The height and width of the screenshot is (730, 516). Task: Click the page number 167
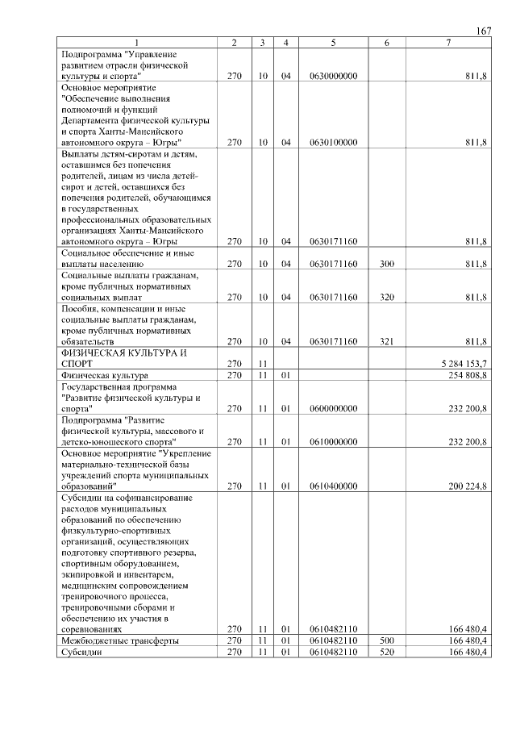(483, 31)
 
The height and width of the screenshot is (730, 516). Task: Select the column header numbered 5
(333, 42)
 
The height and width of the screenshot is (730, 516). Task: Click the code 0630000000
(333, 76)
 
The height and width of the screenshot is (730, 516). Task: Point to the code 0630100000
(333, 143)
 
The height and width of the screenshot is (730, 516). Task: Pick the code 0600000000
(333, 409)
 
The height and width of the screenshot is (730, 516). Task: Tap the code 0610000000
(333, 442)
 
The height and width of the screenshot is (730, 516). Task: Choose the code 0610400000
(333, 486)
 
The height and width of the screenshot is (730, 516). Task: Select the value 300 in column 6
(386, 264)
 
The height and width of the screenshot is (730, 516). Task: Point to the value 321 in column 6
(386, 342)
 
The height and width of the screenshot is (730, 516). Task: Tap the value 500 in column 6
(386, 640)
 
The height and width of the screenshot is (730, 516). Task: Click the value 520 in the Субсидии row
(386, 652)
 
